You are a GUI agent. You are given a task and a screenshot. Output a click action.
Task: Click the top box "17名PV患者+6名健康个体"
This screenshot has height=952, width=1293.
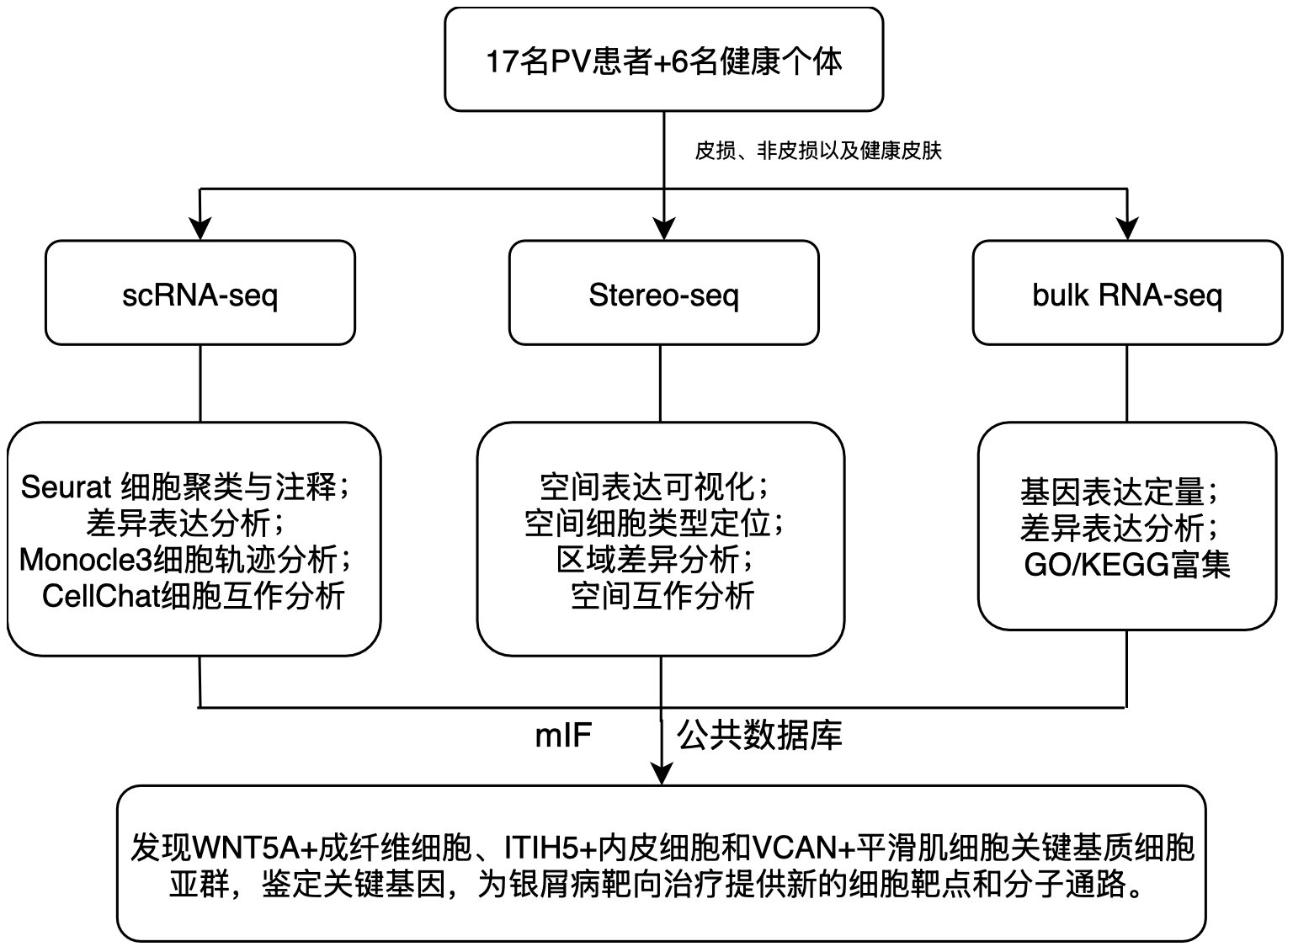(663, 61)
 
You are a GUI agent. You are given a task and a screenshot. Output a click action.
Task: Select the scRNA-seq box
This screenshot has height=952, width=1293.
(200, 294)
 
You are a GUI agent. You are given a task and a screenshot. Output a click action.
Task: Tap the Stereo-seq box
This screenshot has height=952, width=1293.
(663, 294)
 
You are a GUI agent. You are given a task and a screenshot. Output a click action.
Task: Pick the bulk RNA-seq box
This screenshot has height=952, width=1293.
(1126, 294)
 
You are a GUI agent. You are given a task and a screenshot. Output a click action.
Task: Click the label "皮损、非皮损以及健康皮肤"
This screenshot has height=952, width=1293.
(817, 152)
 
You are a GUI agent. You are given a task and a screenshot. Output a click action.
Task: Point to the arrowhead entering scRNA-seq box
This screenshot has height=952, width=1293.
(200, 229)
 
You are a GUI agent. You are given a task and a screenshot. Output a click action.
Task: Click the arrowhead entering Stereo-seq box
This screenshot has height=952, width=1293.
(664, 229)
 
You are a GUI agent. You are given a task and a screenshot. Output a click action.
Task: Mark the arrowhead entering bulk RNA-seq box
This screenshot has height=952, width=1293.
(1127, 229)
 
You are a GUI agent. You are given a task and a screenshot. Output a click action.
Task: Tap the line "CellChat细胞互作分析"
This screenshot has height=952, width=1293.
(193, 596)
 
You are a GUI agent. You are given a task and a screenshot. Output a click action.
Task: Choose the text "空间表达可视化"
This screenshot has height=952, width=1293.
(652, 487)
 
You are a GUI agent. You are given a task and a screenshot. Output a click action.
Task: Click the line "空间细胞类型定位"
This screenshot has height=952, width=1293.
(654, 523)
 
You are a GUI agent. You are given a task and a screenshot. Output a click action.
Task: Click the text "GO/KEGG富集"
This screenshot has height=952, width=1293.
(1126, 564)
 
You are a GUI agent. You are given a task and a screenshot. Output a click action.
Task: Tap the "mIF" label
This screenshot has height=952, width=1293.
(563, 736)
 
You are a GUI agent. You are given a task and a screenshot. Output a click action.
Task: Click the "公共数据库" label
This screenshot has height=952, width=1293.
(759, 736)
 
